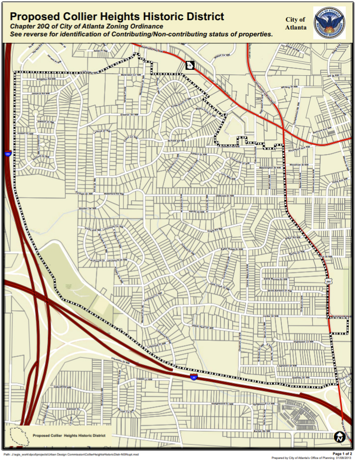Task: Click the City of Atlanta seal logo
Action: (329, 23)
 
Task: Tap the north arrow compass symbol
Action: (339, 436)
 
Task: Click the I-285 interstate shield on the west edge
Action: (7, 154)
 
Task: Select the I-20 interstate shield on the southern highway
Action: (194, 377)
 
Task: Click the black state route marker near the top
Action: (189, 65)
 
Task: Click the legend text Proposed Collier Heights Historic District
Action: (69, 435)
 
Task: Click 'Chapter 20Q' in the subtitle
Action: (30, 26)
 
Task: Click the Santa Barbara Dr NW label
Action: (278, 290)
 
